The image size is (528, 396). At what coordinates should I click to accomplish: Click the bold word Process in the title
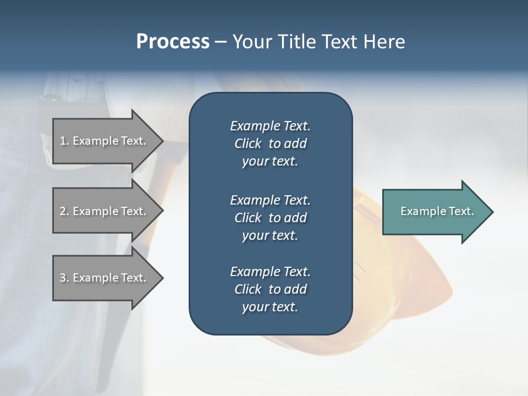pyautogui.click(x=173, y=42)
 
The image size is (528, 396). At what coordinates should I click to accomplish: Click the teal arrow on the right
pyautogui.click(x=435, y=211)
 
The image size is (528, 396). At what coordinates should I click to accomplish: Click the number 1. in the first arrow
pyautogui.click(x=64, y=141)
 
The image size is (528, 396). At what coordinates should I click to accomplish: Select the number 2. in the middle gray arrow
pyautogui.click(x=64, y=211)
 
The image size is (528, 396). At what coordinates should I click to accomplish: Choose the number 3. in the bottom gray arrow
pyautogui.click(x=64, y=278)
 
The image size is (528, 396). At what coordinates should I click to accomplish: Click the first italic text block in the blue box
pyautogui.click(x=270, y=144)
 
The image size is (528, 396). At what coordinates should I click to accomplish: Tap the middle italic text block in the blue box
pyautogui.click(x=270, y=217)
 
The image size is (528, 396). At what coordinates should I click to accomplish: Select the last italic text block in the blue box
pyautogui.click(x=270, y=289)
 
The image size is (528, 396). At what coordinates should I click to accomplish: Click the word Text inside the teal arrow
pyautogui.click(x=461, y=211)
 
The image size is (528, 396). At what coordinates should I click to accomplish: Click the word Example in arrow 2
pyautogui.click(x=91, y=211)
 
